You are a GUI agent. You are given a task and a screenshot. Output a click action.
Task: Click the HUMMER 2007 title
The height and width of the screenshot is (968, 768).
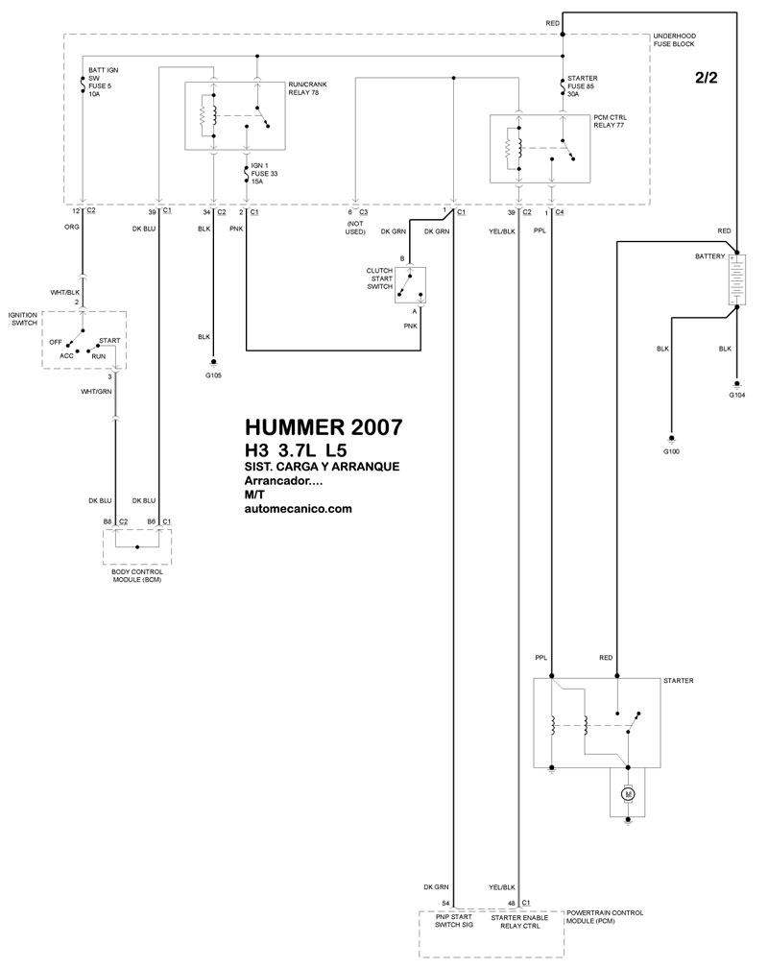(x=324, y=427)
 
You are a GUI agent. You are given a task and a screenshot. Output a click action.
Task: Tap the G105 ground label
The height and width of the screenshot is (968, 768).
(x=214, y=375)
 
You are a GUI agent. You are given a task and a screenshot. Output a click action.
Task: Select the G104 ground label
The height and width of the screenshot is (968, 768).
(x=736, y=395)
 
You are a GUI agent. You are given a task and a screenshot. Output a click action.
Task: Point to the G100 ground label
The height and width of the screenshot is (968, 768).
(x=671, y=451)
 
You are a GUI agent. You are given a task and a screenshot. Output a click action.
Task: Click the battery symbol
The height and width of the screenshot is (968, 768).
(x=736, y=278)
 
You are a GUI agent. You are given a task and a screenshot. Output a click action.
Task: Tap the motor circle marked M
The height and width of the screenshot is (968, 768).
(x=629, y=793)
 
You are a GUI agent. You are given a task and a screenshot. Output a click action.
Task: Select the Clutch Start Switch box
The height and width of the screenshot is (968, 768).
(x=411, y=286)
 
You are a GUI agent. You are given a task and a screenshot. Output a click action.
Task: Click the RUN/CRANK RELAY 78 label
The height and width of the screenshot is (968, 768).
(x=307, y=88)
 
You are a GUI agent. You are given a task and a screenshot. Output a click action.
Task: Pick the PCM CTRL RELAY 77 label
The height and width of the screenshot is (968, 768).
(x=610, y=121)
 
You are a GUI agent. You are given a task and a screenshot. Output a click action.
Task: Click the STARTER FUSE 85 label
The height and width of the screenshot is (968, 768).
(x=582, y=86)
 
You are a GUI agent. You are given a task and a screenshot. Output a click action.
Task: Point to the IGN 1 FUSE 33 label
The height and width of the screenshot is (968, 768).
(x=264, y=174)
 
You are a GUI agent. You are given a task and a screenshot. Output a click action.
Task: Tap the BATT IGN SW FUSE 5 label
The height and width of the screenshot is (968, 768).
(x=103, y=83)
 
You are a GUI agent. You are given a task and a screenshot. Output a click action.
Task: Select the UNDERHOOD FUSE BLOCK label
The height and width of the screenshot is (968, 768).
(x=674, y=40)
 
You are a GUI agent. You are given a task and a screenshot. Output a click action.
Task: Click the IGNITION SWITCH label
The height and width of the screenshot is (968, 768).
(x=23, y=319)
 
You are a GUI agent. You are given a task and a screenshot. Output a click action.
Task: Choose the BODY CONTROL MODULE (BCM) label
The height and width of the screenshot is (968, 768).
(x=137, y=576)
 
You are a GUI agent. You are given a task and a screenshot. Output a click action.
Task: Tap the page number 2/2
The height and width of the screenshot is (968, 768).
(x=707, y=78)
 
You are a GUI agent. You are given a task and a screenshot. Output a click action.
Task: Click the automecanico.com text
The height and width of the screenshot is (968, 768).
(x=299, y=509)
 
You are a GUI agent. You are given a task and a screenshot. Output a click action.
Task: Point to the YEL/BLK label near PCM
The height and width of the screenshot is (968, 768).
(x=502, y=887)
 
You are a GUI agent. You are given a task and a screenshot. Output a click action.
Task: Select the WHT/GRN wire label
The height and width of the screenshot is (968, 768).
(x=96, y=392)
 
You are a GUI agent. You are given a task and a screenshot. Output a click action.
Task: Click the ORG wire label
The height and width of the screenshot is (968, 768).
(x=72, y=228)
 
